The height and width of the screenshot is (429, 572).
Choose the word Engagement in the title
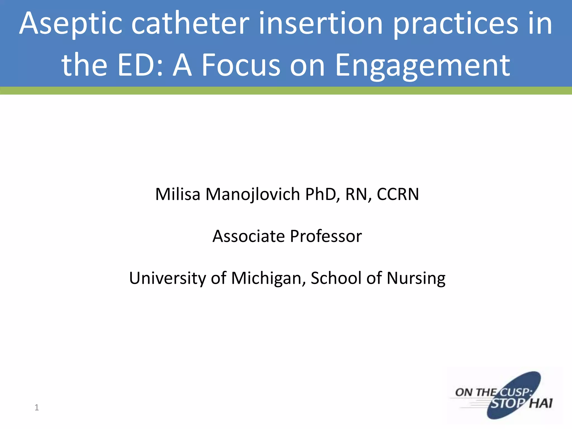(423, 66)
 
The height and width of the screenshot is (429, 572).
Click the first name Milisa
(178, 194)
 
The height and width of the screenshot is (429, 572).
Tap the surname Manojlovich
(253, 194)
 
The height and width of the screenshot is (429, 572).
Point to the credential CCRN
(398, 194)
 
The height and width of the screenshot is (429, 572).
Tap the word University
(168, 278)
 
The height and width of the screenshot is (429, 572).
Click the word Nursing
(416, 278)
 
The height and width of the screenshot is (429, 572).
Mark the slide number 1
(37, 407)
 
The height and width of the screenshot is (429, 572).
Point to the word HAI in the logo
(541, 404)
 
